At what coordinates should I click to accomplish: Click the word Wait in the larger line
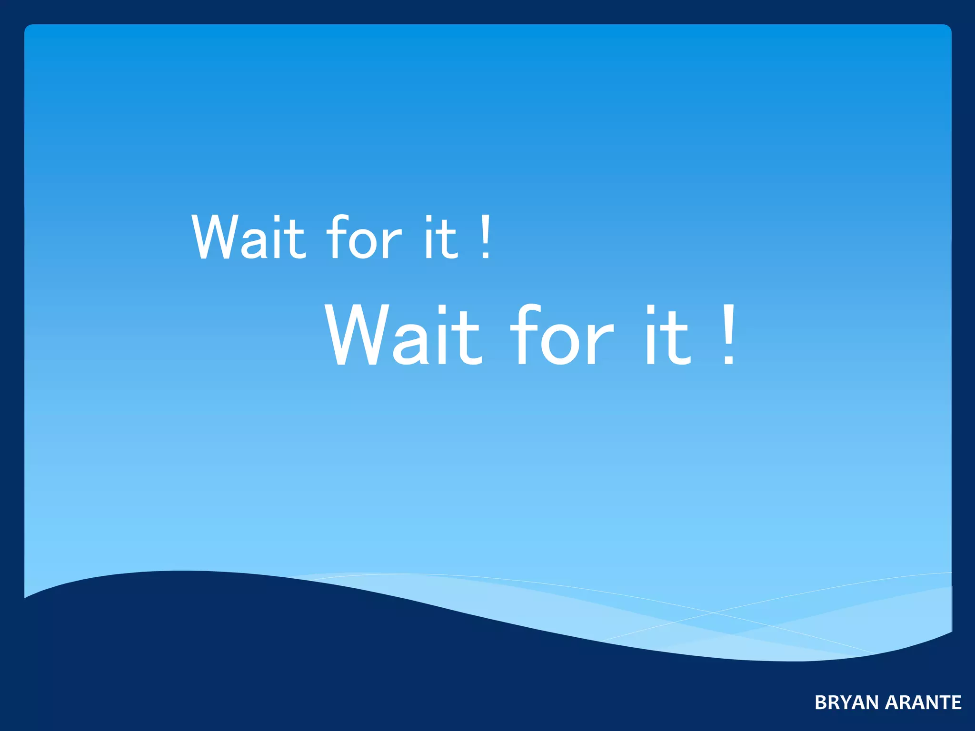403,335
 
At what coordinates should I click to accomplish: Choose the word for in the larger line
562,335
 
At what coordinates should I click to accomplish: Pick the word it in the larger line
667,335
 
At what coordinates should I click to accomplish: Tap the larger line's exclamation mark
728,335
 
